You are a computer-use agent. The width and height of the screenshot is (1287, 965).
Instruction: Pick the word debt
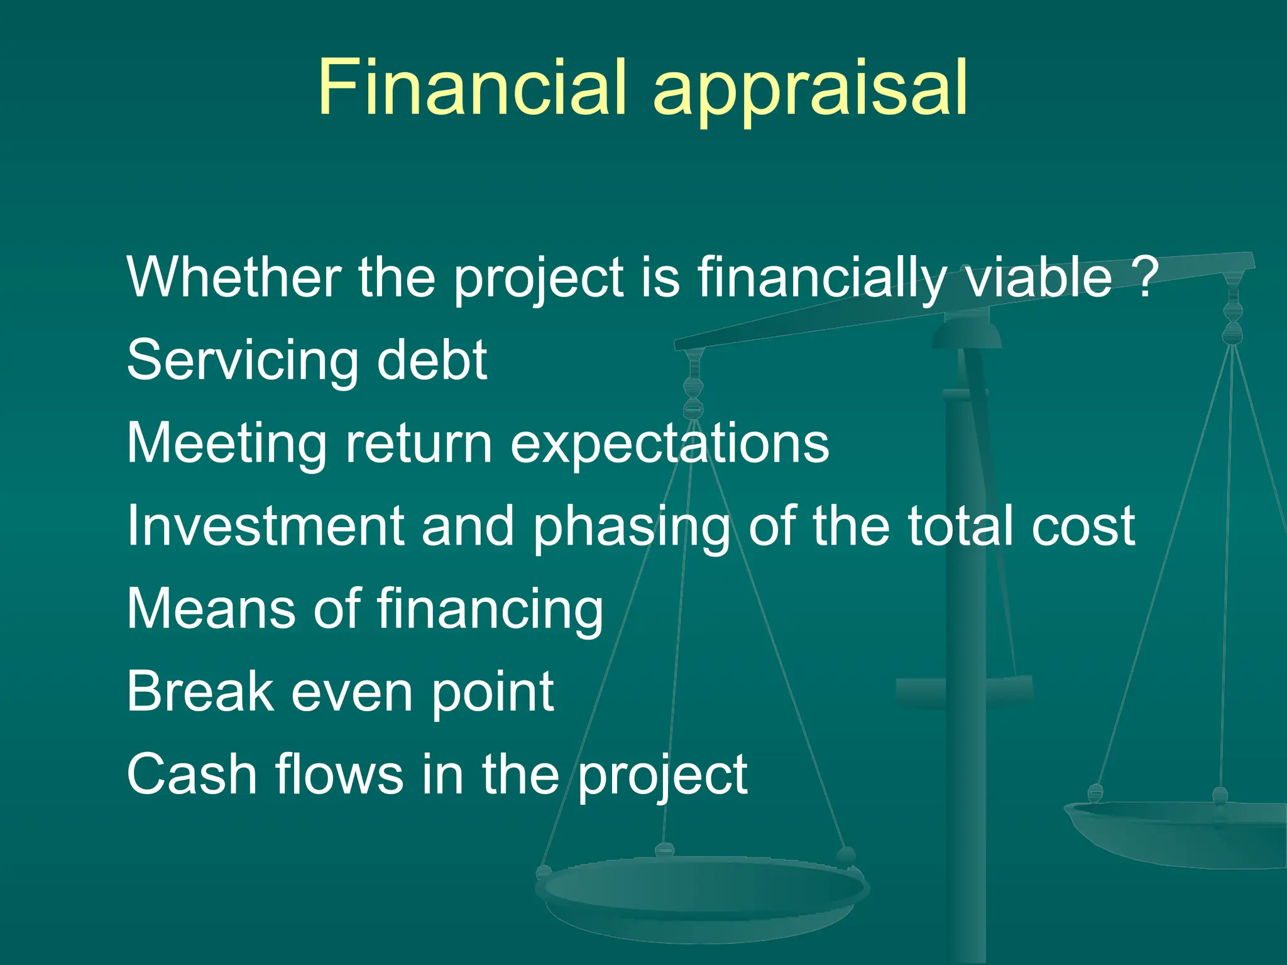[x=432, y=359]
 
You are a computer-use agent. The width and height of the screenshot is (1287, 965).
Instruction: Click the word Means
[x=211, y=608]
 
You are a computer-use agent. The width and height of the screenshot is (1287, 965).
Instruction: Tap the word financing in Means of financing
[x=490, y=609]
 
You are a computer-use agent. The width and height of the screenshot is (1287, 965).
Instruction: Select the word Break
[x=200, y=691]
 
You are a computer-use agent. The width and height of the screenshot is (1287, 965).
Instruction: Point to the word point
[x=492, y=692]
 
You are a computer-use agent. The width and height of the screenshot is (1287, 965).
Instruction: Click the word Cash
[x=192, y=774]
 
